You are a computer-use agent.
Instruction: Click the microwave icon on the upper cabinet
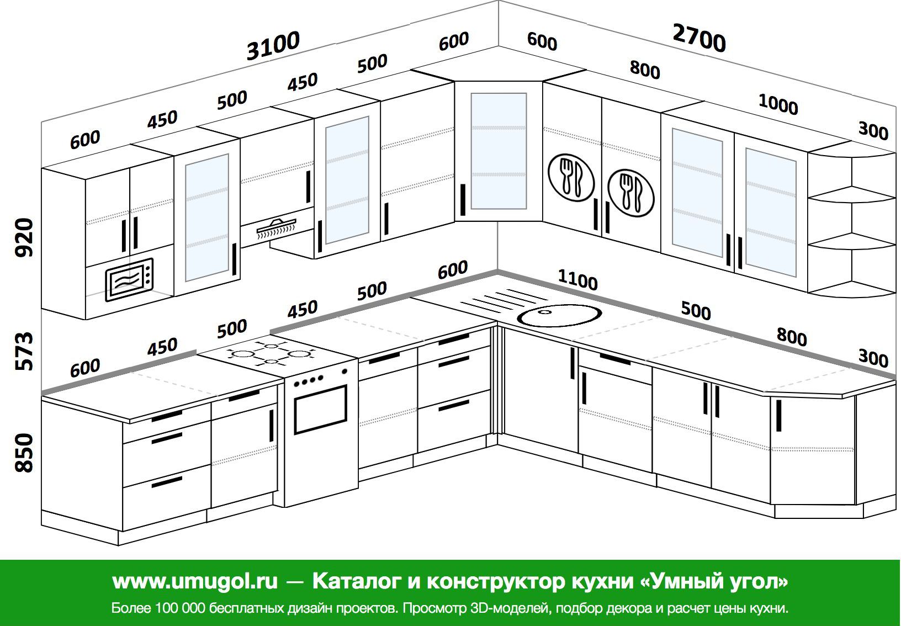pyautogui.click(x=129, y=280)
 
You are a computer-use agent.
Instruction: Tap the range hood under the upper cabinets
pyautogui.click(x=277, y=228)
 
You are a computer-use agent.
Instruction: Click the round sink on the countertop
pyautogui.click(x=559, y=315)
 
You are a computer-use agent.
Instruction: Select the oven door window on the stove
pyautogui.click(x=321, y=409)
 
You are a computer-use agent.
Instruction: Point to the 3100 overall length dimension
pyautogui.click(x=273, y=45)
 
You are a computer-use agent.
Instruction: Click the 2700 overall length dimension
pyautogui.click(x=699, y=38)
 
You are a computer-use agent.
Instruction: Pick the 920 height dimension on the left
pyautogui.click(x=24, y=237)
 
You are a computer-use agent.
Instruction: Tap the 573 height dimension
pyautogui.click(x=24, y=351)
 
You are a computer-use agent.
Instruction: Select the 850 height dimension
pyautogui.click(x=24, y=453)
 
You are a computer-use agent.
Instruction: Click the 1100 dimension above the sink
pyautogui.click(x=577, y=280)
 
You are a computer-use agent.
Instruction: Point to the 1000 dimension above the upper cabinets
pyautogui.click(x=778, y=104)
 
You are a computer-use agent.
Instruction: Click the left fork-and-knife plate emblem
pyautogui.click(x=571, y=177)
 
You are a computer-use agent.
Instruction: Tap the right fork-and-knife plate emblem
pyautogui.click(x=630, y=193)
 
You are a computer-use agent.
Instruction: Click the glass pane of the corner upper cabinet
pyautogui.click(x=499, y=151)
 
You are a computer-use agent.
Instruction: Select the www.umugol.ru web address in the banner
pyautogui.click(x=195, y=581)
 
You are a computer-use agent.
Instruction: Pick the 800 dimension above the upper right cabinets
pyautogui.click(x=645, y=69)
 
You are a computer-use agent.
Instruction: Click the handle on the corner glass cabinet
pyautogui.click(x=463, y=199)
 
